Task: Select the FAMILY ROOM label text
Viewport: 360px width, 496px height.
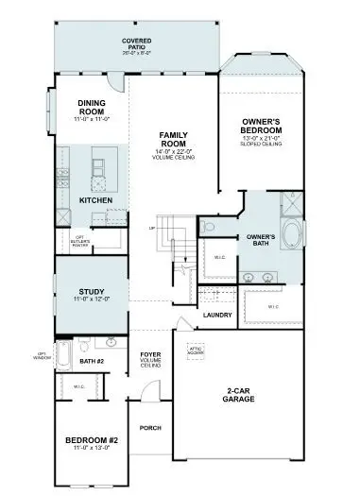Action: click(x=173, y=140)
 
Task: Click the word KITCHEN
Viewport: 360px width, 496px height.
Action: click(x=96, y=200)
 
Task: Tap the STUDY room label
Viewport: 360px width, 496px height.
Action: click(x=91, y=292)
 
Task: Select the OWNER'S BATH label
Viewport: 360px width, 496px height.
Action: click(x=261, y=240)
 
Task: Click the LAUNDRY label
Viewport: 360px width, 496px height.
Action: click(x=217, y=315)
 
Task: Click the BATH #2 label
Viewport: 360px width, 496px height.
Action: click(x=92, y=361)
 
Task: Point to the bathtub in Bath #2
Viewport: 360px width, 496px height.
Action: click(x=63, y=355)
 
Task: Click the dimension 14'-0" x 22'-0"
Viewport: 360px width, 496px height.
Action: click(x=173, y=152)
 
